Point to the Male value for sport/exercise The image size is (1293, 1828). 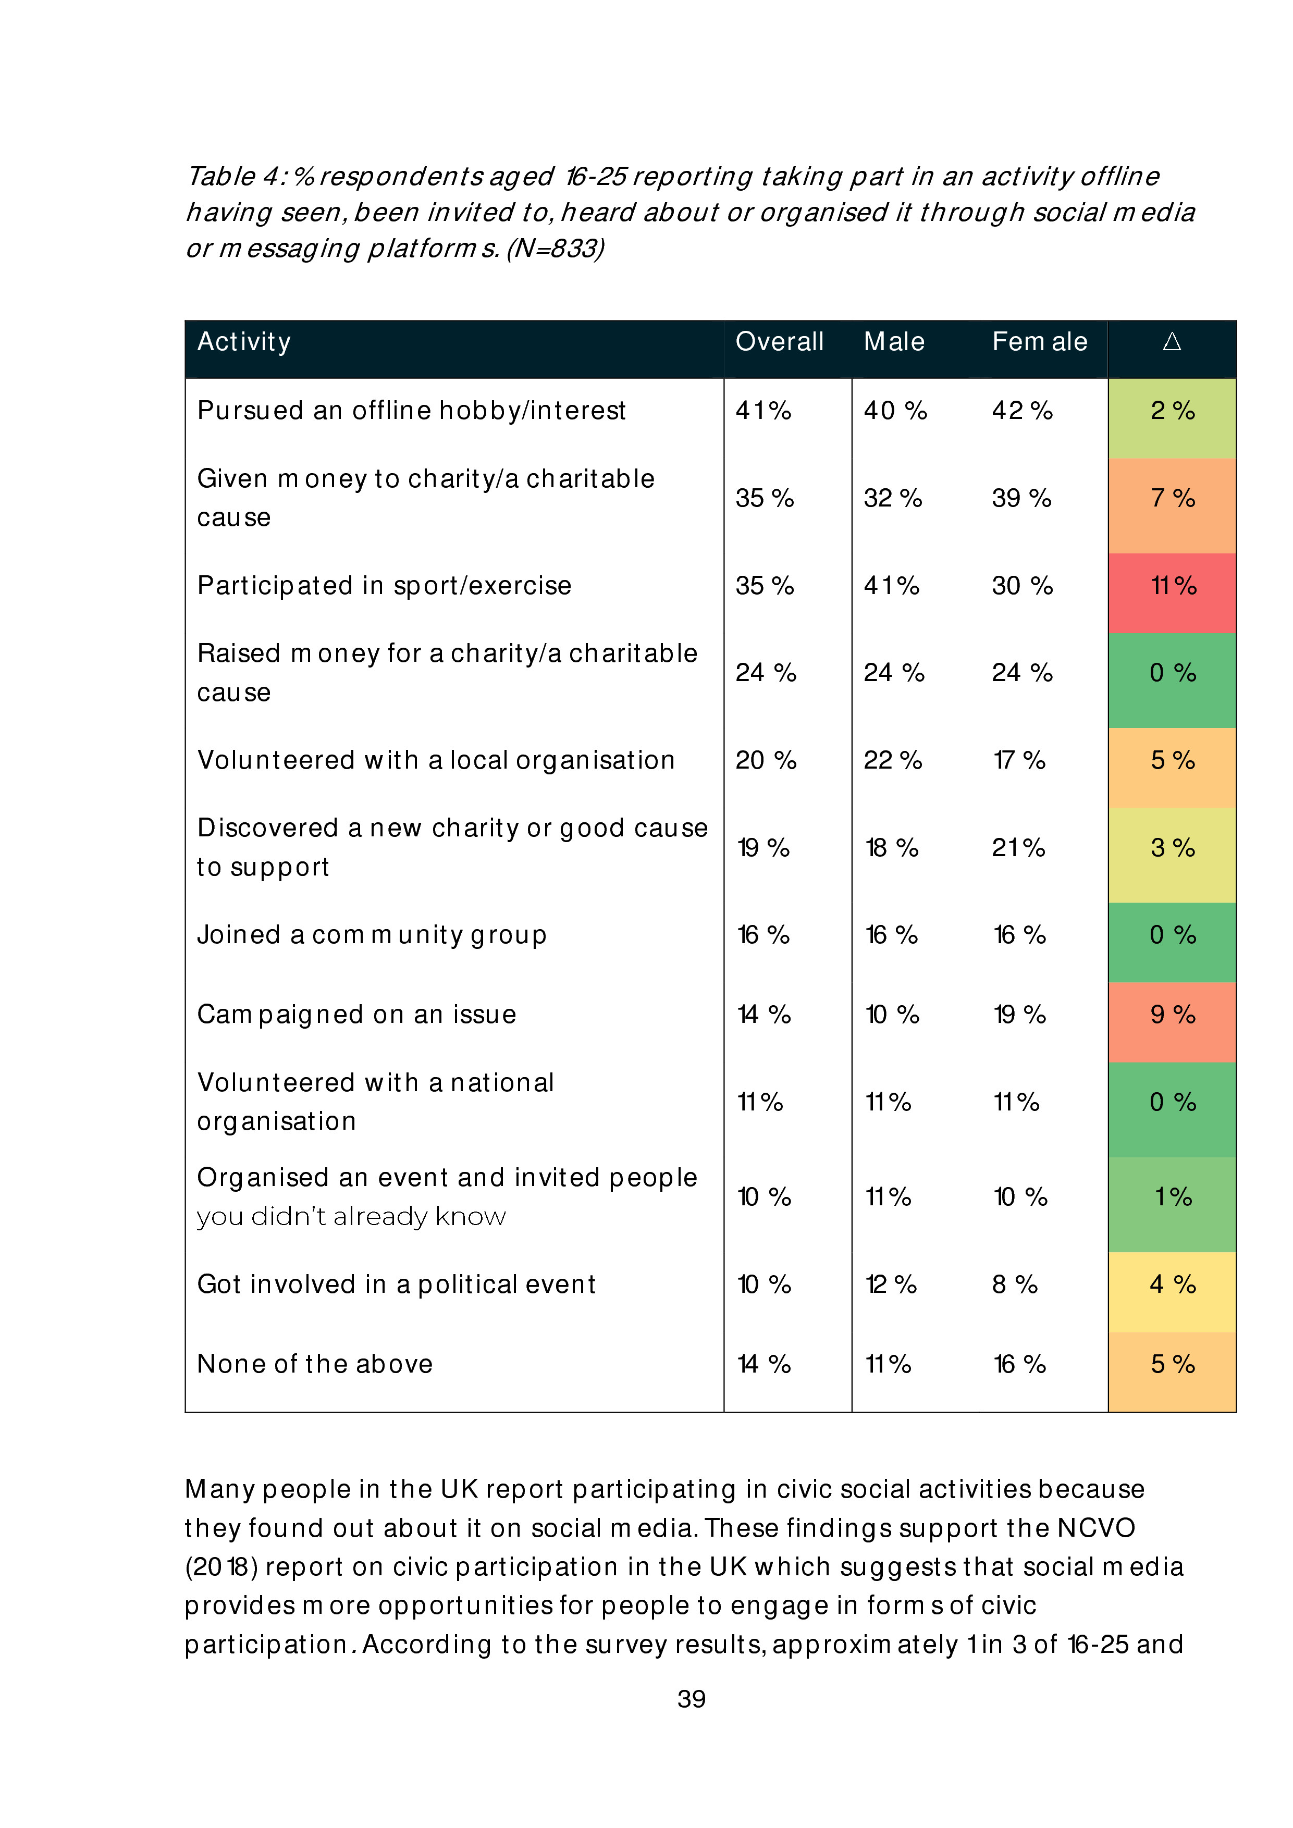pyautogui.click(x=892, y=586)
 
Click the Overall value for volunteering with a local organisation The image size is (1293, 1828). pyautogui.click(x=765, y=760)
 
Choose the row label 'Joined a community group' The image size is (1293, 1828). pyautogui.click(x=372, y=935)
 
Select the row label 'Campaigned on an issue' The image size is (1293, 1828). pyautogui.click(x=356, y=1015)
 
